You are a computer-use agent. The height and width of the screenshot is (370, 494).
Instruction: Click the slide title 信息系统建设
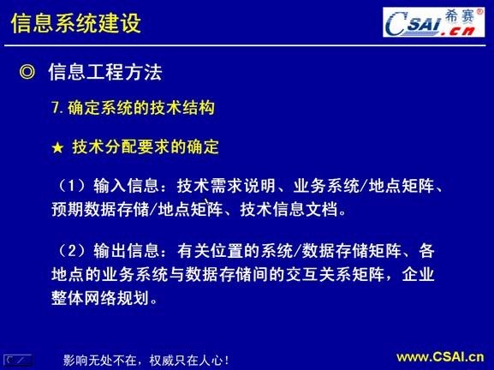click(75, 23)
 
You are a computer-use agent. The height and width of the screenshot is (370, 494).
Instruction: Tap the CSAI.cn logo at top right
click(426, 23)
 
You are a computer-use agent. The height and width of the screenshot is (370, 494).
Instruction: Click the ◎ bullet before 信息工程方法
click(27, 73)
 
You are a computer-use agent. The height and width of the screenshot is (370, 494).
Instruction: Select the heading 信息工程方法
click(105, 73)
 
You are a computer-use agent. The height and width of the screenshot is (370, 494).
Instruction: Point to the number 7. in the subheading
click(58, 110)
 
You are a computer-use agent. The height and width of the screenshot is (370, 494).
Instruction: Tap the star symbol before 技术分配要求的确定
click(58, 147)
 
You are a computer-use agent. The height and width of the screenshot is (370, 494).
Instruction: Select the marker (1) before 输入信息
click(71, 185)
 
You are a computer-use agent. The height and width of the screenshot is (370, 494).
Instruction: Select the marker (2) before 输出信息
click(71, 251)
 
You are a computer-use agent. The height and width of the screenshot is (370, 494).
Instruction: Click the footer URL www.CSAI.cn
click(439, 356)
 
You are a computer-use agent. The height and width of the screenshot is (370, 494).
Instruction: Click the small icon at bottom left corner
click(18, 359)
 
